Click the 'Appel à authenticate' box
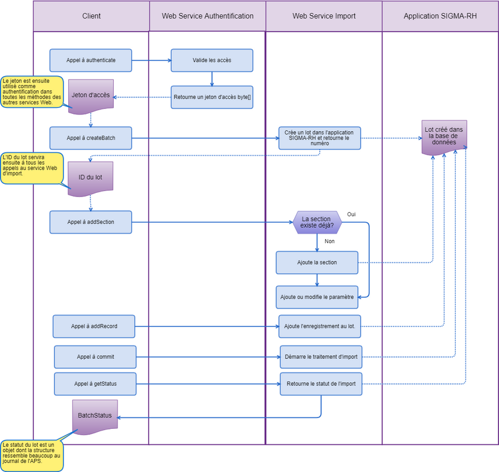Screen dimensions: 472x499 click(90, 60)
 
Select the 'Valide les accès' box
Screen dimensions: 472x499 click(211, 60)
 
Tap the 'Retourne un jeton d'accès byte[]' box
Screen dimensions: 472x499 click(211, 97)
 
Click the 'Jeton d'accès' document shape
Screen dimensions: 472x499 click(90, 95)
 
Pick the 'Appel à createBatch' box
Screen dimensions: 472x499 click(90, 138)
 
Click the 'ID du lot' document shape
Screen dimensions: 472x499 click(90, 177)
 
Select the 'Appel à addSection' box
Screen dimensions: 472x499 click(90, 222)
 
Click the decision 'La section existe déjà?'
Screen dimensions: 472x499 click(317, 222)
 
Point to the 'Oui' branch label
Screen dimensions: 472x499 click(352, 214)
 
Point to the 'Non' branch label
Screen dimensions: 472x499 click(329, 241)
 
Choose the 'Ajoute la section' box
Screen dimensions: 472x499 click(317, 262)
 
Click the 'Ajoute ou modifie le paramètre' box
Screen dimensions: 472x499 click(317, 296)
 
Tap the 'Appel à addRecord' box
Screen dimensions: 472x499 click(94, 326)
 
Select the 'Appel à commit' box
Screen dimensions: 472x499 click(95, 357)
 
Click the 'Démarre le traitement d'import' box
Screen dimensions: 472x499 click(320, 357)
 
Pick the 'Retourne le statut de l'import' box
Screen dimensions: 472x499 click(320, 384)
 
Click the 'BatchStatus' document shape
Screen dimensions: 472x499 click(95, 416)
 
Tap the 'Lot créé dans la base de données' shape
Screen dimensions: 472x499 click(444, 137)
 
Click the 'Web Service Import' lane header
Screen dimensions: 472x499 click(323, 16)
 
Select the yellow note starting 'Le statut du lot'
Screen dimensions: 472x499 click(31, 455)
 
